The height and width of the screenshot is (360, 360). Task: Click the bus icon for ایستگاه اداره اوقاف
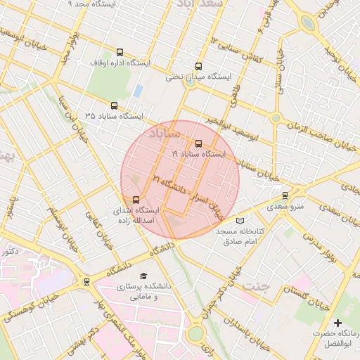tap(119, 53)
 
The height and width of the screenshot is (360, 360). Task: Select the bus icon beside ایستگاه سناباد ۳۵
tap(115, 103)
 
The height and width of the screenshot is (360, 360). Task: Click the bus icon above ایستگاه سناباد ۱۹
tap(198, 143)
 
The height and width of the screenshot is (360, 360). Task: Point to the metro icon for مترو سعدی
tap(285, 195)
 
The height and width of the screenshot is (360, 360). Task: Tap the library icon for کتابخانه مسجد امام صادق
tap(240, 221)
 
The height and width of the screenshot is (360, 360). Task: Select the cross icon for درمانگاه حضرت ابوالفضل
tap(337, 322)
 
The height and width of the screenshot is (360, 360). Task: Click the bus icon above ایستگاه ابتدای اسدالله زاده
tap(136, 199)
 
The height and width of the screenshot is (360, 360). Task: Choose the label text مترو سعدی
tap(284, 207)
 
